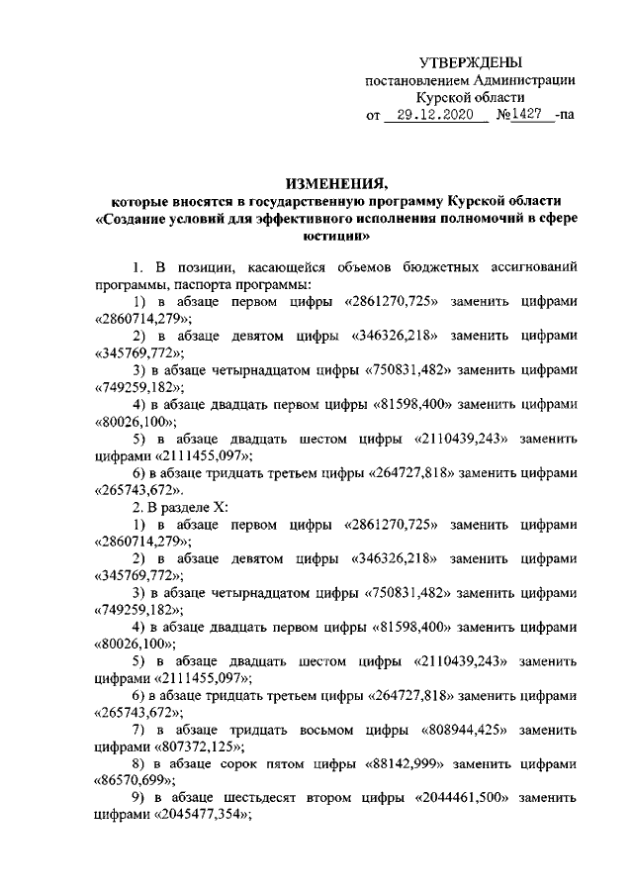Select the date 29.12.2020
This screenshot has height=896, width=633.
click(x=436, y=116)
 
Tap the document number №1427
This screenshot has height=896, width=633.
click(x=523, y=116)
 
